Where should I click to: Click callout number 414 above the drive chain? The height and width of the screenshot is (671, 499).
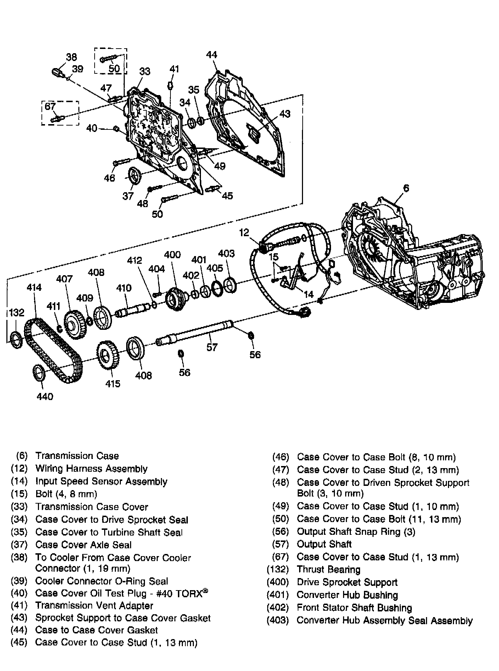34,287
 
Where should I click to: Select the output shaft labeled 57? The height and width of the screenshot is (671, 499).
195,332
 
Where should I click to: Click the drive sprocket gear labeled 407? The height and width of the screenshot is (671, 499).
76,325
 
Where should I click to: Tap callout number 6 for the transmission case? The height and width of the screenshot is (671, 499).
406,188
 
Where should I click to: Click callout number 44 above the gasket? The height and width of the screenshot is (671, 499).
212,55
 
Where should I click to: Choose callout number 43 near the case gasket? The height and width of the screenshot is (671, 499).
285,113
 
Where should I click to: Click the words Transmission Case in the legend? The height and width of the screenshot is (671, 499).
77,456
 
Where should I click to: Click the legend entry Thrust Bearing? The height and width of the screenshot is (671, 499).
329,570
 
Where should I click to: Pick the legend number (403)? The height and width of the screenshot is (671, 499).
278,620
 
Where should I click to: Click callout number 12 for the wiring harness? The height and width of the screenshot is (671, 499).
244,233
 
